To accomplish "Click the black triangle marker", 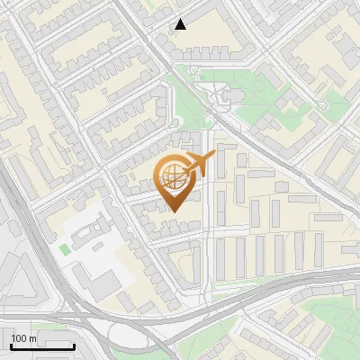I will (181, 24).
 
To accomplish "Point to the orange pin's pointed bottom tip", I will (173, 211).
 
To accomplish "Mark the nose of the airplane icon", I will (213, 156).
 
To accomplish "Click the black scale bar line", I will (42, 346).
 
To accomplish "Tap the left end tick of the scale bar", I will (11, 345).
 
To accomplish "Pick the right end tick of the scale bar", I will (74, 345).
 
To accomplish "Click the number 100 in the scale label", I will (19, 337).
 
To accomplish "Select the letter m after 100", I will (32, 338).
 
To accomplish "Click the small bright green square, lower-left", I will (64, 247).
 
